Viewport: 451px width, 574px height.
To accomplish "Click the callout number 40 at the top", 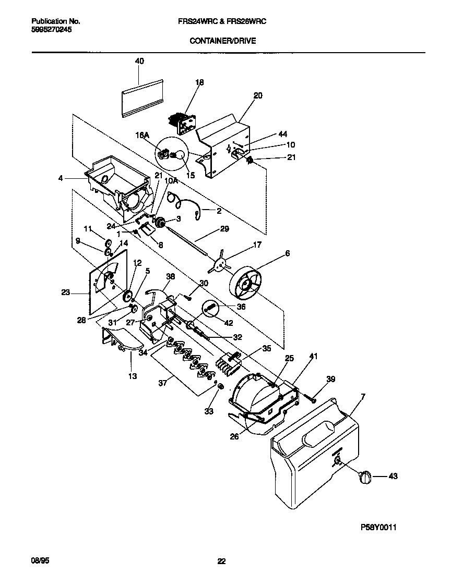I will (139, 61).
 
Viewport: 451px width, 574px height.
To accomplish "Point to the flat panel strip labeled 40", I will (142, 97).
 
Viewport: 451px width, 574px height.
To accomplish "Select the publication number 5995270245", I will (52, 30).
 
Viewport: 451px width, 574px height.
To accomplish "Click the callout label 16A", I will (143, 135).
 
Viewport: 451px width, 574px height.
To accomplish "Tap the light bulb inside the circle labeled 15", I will (177, 155).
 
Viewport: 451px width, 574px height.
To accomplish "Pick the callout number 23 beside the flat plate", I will (65, 293).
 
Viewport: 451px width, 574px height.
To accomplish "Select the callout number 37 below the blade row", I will (162, 383).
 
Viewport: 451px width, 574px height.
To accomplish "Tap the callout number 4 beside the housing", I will (61, 178).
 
